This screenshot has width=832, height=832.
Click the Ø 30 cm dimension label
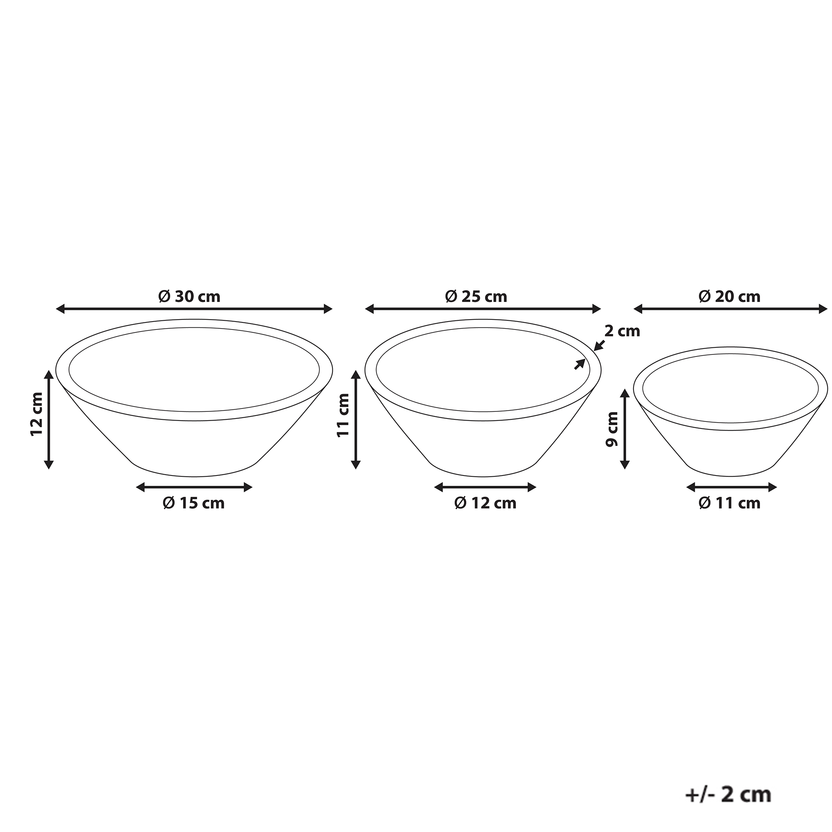(189, 297)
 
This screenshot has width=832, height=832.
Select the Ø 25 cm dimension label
(476, 297)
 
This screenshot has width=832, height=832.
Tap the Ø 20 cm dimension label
(730, 297)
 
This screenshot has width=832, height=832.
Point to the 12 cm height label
(37, 414)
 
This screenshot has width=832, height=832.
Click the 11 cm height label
(343, 415)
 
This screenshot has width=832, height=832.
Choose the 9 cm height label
(612, 429)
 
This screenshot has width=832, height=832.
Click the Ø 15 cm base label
(194, 503)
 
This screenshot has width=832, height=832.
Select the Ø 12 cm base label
(485, 503)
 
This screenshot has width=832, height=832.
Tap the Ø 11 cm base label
(730, 503)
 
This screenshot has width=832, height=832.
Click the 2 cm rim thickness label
(622, 331)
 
